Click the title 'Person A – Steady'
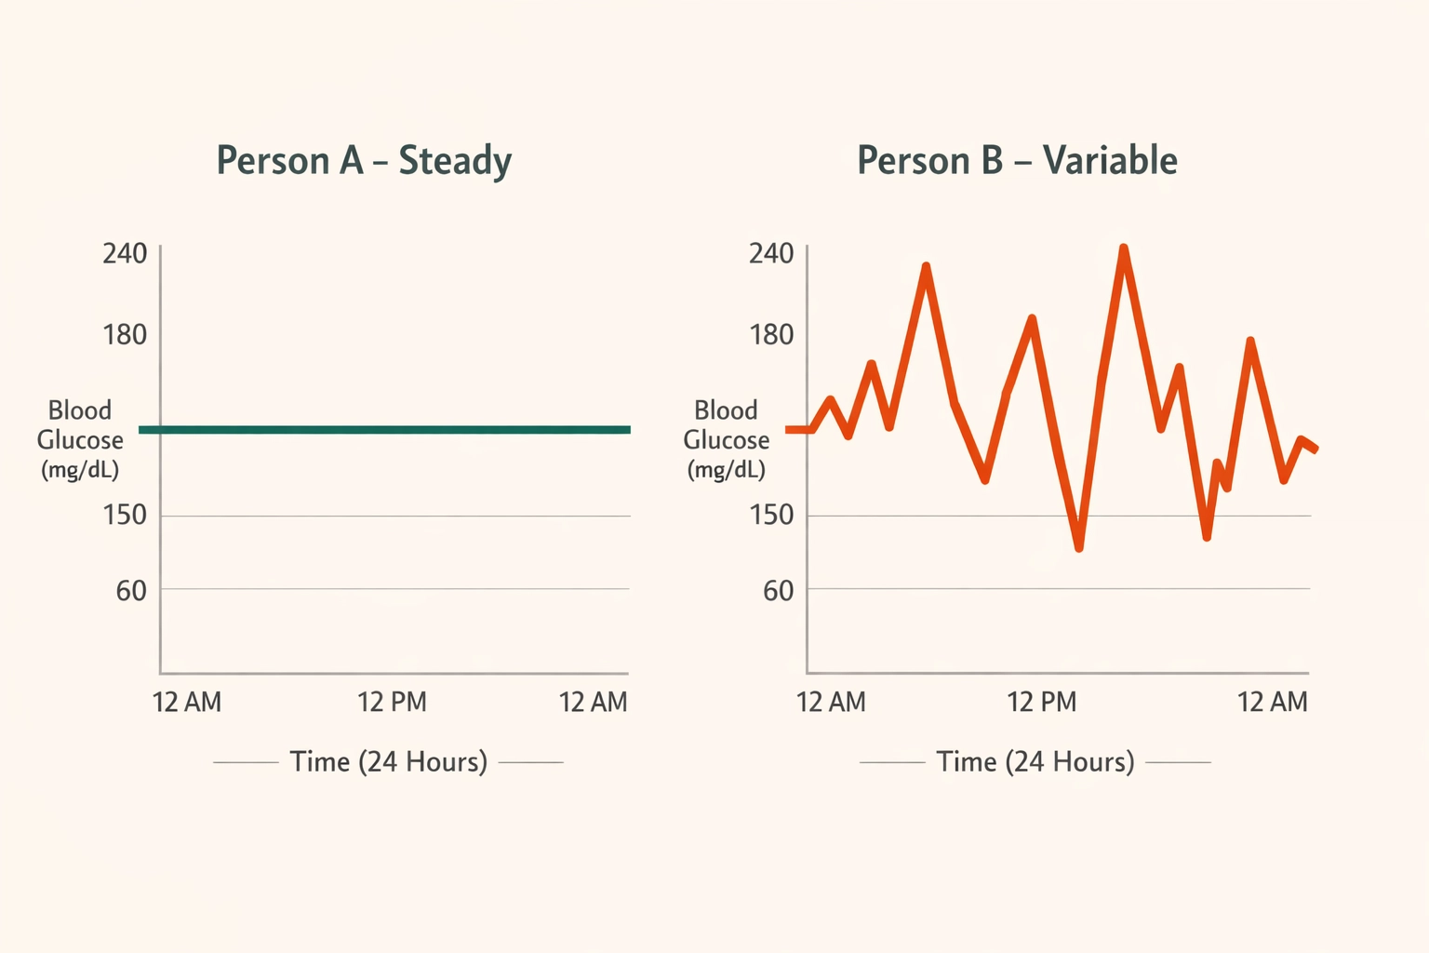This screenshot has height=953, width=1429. click(x=364, y=161)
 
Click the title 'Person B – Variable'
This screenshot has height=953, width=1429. click(x=1017, y=161)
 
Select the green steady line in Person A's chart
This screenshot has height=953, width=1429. click(x=385, y=429)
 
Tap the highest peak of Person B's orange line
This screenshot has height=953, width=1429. click(x=1124, y=249)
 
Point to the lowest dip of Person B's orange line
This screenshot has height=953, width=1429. click(x=1079, y=547)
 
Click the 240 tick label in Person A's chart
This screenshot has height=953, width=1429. click(x=125, y=253)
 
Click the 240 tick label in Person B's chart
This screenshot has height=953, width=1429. click(x=771, y=253)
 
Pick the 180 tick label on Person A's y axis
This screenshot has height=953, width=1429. click(x=125, y=334)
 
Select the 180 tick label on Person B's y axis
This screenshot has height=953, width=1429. click(x=771, y=334)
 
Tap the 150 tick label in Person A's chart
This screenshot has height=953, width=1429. click(x=125, y=515)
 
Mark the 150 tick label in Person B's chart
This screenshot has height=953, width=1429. click(x=771, y=515)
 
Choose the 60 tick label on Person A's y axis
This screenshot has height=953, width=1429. click(x=131, y=590)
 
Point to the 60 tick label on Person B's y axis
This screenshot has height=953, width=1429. click(x=778, y=590)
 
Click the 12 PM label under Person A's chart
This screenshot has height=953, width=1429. click(x=392, y=702)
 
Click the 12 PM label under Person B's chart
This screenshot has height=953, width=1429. click(x=1041, y=702)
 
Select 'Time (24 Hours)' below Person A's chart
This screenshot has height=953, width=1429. click(x=388, y=761)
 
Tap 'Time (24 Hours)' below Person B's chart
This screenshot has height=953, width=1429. click(x=1035, y=761)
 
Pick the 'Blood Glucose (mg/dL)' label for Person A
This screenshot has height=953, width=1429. click(x=80, y=439)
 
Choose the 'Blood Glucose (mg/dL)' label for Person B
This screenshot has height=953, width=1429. click(x=727, y=439)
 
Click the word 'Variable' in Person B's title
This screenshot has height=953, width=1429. click(x=1110, y=161)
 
